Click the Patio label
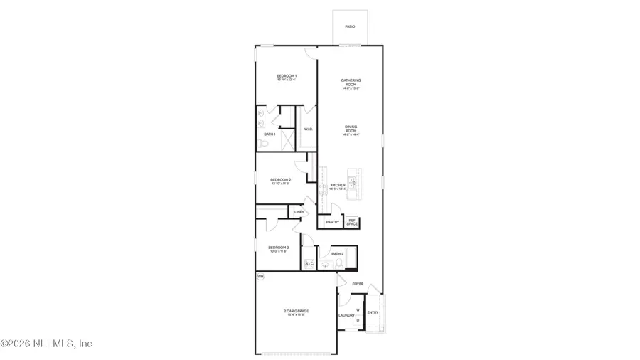[x=350, y=27]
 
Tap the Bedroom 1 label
[x=287, y=76]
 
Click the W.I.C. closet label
[x=308, y=129]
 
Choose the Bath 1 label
[x=270, y=134]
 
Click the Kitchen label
[x=337, y=186]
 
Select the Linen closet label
[x=299, y=212]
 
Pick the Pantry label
[x=332, y=222]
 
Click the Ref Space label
[x=351, y=222]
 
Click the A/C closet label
[x=309, y=265]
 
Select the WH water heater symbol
[x=260, y=276]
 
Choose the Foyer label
[x=358, y=284]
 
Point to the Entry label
[x=373, y=312]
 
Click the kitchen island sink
[x=351, y=182]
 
